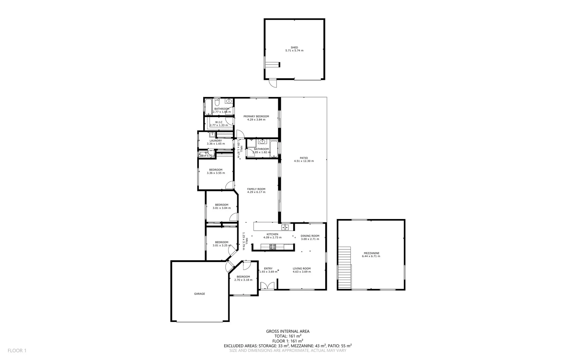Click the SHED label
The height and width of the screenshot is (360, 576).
(294, 47)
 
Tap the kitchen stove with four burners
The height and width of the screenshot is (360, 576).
(273, 247)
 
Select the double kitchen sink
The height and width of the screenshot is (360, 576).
(285, 227)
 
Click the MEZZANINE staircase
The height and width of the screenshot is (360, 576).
(344, 268)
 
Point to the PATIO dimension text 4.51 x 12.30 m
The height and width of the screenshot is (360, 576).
(303, 161)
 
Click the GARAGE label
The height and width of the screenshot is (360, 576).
(200, 294)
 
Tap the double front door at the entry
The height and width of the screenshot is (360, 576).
(267, 286)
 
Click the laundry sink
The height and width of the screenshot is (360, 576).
(212, 134)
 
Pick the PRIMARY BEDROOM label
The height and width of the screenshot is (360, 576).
(256, 116)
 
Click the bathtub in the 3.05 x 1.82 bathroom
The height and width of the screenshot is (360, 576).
(274, 149)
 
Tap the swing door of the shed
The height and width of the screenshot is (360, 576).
(273, 83)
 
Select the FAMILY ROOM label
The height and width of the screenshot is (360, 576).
(256, 189)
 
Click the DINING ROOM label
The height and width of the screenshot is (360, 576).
(310, 236)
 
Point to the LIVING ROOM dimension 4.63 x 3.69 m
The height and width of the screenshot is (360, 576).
(301, 272)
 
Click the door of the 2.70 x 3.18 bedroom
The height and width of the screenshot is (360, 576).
(247, 266)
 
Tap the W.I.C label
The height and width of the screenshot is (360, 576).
(219, 122)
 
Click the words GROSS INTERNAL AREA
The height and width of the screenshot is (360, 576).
(288, 331)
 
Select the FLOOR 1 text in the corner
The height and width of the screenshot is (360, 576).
(17, 350)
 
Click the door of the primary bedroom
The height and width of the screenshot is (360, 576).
(240, 134)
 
